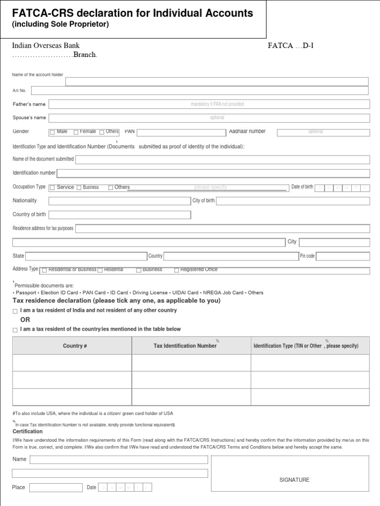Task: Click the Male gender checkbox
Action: [x=52, y=132]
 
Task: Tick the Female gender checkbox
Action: [x=76, y=132]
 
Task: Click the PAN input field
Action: [x=180, y=132]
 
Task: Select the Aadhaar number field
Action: [x=323, y=132]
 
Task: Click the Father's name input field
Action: [x=209, y=104]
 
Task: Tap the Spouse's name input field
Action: [x=209, y=118]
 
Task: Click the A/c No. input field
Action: [x=199, y=90]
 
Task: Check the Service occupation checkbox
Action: [x=52, y=188]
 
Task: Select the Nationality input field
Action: [x=119, y=201]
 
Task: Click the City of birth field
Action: [x=292, y=201]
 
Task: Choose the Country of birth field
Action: [x=119, y=214]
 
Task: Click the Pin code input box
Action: [x=342, y=256]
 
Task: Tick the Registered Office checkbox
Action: [x=177, y=270]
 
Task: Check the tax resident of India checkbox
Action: [x=15, y=311]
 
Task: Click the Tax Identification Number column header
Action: [x=185, y=346]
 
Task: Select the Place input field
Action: [x=55, y=488]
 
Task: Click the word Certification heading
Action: [x=27, y=431]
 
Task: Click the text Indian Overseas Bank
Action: [x=46, y=45]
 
